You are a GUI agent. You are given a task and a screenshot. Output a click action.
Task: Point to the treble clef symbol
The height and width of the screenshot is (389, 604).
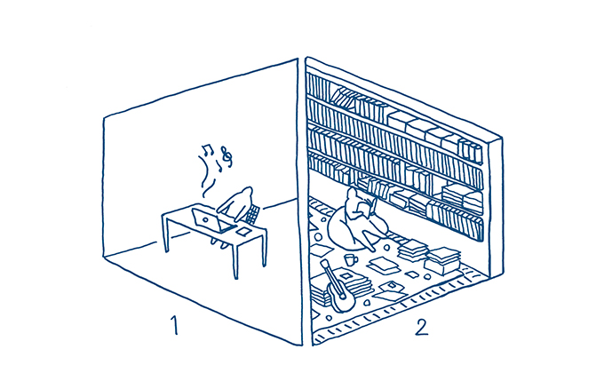pyautogui.click(x=226, y=157)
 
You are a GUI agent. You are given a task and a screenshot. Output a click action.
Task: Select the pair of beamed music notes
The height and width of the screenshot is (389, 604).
pyautogui.click(x=208, y=149)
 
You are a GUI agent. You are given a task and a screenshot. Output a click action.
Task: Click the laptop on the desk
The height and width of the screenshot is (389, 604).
pyautogui.click(x=211, y=220)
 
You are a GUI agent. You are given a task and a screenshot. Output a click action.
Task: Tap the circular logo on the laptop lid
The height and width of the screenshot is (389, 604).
pyautogui.click(x=205, y=220)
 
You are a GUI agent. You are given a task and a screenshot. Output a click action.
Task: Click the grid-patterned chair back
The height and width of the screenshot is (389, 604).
pyautogui.click(x=253, y=215)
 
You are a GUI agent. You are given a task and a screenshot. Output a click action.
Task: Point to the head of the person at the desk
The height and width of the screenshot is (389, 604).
pyautogui.click(x=245, y=194)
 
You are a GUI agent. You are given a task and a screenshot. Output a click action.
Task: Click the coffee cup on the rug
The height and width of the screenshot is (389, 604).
pyautogui.click(x=351, y=260)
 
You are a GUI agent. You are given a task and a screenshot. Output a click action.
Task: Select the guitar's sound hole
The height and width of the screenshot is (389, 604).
pyautogui.click(x=341, y=297)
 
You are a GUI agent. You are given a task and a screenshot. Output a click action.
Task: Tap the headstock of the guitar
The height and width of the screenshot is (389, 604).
pyautogui.click(x=324, y=264)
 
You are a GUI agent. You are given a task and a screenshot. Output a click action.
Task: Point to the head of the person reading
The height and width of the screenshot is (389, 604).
pyautogui.click(x=352, y=193)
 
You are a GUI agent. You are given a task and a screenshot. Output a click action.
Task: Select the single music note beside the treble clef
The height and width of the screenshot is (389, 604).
pyautogui.click(x=219, y=166)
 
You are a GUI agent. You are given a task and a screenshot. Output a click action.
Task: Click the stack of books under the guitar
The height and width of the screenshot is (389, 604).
pyautogui.click(x=342, y=285)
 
